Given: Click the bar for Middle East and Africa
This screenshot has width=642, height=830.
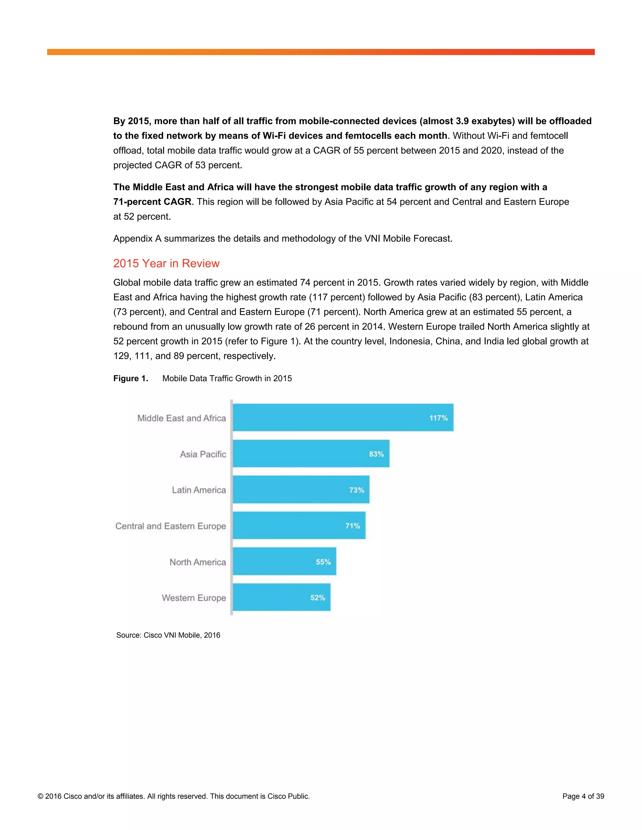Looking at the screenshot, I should [342, 417].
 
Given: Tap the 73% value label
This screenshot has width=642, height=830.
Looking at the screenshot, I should [356, 490].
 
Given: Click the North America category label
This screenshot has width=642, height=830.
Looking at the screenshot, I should [197, 562].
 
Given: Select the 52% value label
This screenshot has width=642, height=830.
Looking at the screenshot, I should [318, 597].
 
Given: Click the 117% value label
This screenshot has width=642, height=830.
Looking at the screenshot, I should [438, 418].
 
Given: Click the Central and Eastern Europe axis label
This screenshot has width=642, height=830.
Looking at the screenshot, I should [171, 526].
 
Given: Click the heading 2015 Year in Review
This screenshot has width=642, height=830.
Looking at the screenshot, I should [166, 263].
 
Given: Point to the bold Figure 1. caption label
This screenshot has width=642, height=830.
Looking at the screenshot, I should [130, 378].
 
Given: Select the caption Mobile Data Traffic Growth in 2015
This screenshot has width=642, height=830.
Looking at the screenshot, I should [227, 378].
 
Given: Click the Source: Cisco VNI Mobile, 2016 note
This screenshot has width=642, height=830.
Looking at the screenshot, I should [168, 635].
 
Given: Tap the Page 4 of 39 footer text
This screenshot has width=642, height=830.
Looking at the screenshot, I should [583, 796].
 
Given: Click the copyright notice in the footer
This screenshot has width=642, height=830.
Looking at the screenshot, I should [173, 796].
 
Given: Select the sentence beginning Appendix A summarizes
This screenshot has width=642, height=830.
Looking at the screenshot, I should [282, 238].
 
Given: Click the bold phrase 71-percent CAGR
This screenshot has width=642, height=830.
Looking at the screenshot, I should [152, 201].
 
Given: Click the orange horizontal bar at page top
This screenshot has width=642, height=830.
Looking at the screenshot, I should [321, 52].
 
